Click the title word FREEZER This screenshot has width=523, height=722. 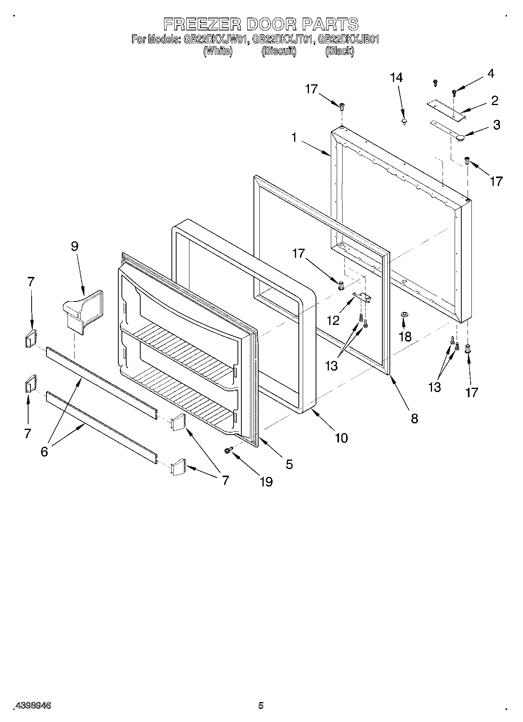(x=202, y=24)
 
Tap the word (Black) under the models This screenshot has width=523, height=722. (x=339, y=51)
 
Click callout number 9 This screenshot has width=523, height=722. (x=75, y=246)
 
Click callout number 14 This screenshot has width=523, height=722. (x=396, y=78)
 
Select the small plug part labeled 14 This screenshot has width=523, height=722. (x=404, y=122)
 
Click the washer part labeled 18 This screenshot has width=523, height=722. (x=404, y=314)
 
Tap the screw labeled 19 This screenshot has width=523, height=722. (x=229, y=450)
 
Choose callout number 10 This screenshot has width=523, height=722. (x=341, y=438)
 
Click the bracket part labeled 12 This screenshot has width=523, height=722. (x=362, y=297)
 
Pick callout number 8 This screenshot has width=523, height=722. (x=414, y=418)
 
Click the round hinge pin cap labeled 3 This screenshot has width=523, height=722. (x=460, y=137)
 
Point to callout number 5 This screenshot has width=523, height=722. (x=289, y=464)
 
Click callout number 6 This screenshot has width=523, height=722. (x=44, y=451)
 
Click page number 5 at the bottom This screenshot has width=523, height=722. (x=261, y=705)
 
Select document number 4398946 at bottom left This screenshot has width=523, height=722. (x=33, y=705)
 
